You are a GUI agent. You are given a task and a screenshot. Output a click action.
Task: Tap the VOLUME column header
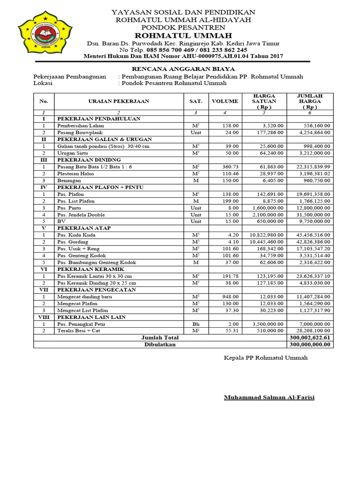pos(225,101)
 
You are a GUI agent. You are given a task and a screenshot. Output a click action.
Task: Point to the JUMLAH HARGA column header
pos(310,101)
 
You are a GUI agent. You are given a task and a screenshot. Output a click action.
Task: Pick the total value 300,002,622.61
pos(310,337)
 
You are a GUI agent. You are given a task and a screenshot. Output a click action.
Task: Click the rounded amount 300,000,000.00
pos(310,344)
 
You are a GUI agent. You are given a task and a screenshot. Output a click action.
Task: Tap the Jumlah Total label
pos(160,337)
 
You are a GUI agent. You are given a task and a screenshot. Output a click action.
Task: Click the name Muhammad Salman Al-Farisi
pos(269,397)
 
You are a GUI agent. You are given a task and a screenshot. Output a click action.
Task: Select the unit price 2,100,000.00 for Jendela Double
pos(266,214)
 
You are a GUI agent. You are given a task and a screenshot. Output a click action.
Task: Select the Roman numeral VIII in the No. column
pos(44,317)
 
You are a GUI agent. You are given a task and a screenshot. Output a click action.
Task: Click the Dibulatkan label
pos(160,344)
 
